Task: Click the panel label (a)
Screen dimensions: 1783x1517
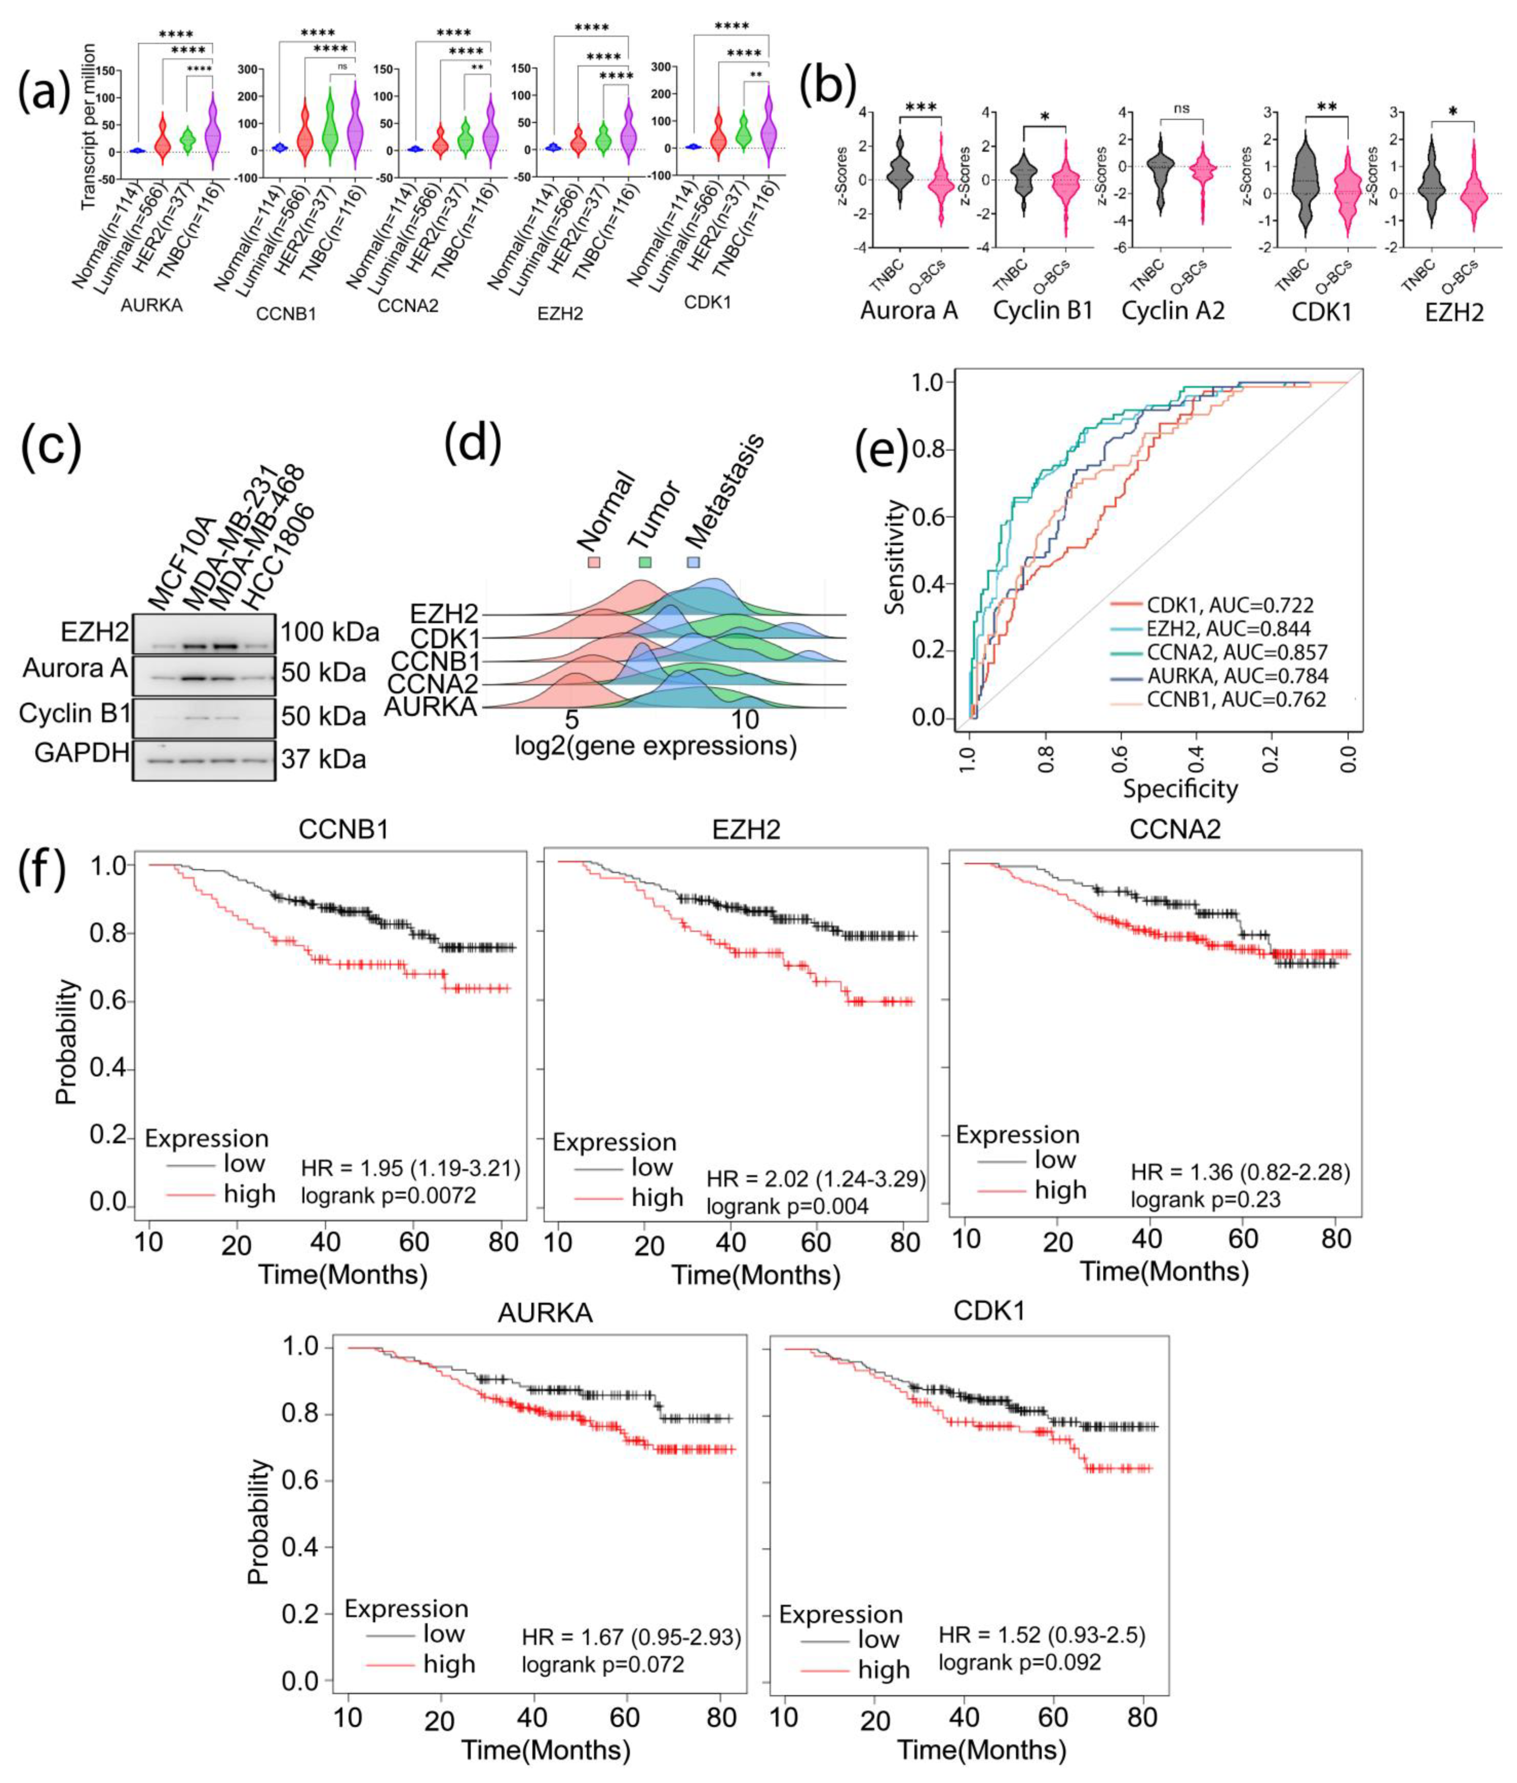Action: (x=45, y=91)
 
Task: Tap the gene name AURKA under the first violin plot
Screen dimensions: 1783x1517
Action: (x=152, y=305)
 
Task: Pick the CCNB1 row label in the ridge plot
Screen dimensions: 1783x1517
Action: (x=435, y=661)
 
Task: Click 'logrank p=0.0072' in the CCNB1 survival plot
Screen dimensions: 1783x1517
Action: (x=388, y=1196)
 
